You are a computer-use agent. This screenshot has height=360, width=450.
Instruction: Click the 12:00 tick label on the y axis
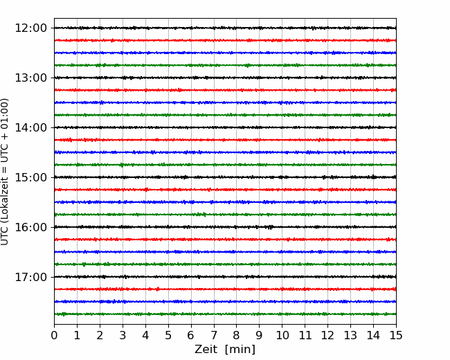point(30,28)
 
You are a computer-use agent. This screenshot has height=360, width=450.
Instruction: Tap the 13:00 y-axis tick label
point(30,78)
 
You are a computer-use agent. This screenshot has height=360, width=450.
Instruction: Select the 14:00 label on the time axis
point(30,127)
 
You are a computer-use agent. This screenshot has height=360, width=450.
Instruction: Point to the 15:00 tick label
point(30,177)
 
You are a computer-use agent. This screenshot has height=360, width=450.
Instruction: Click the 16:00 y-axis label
point(30,227)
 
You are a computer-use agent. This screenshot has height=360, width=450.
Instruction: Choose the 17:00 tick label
point(30,277)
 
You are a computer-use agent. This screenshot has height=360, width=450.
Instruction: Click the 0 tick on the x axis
point(54,335)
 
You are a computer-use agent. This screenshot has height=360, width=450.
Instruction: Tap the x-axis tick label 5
point(168,335)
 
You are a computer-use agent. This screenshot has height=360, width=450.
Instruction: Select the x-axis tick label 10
point(282,335)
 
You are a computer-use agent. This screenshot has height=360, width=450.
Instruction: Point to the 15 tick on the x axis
point(396,335)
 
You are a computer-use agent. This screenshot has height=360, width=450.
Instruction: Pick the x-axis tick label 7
point(214,335)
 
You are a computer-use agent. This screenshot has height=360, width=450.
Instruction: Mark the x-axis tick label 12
point(327,335)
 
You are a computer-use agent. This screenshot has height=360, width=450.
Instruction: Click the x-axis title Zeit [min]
point(225,350)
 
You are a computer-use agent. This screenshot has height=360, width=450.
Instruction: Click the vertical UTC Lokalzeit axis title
point(5,172)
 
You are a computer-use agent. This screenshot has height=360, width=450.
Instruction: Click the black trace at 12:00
point(225,28)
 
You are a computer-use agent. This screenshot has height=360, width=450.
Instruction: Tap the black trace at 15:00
point(225,177)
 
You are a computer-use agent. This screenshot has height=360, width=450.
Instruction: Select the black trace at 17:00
point(225,277)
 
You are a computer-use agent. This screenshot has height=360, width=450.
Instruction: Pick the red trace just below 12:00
point(225,40)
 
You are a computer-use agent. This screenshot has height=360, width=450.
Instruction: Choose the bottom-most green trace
point(225,314)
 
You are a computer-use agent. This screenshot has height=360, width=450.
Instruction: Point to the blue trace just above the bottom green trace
point(225,302)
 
